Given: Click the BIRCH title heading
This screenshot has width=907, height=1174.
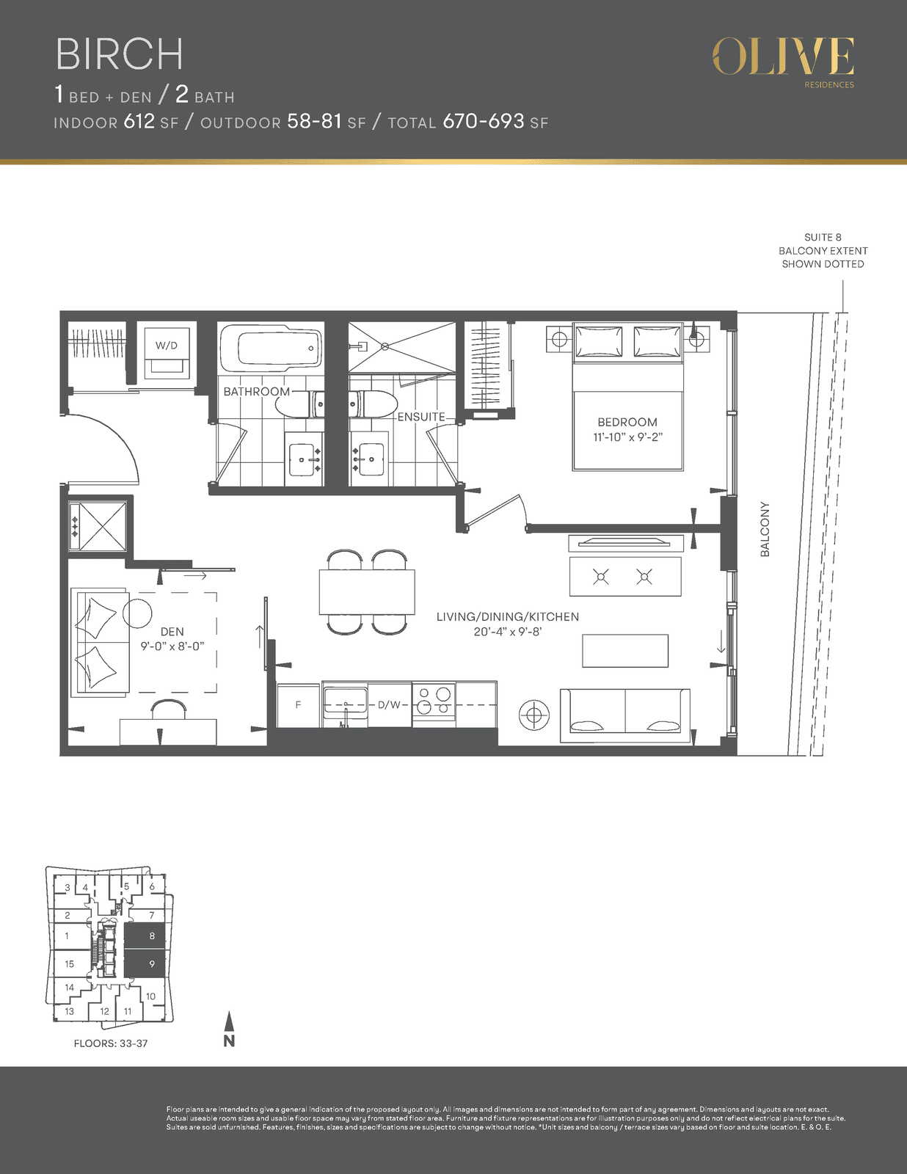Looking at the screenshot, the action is click(120, 54).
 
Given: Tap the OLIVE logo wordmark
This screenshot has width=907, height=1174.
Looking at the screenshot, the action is click(783, 56).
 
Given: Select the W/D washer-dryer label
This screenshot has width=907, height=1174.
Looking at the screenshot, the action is click(167, 346).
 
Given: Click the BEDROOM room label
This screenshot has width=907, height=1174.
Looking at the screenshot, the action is click(627, 422).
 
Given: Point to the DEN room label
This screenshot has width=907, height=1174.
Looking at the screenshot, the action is click(172, 632).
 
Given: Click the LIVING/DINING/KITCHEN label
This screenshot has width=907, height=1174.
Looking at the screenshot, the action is click(508, 616).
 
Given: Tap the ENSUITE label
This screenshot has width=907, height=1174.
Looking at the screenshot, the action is click(421, 417).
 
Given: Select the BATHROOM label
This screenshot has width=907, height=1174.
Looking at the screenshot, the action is click(257, 391).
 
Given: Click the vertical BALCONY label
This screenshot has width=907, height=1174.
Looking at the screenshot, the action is click(765, 530).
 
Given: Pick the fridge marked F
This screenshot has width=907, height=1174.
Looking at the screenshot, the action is click(298, 705).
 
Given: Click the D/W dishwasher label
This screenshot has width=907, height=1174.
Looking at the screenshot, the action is click(389, 705).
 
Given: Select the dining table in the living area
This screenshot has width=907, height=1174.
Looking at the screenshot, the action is click(367, 592).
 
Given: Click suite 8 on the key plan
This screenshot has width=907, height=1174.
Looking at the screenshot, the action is click(145, 936).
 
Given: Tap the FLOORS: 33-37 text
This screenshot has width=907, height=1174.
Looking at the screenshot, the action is click(111, 1043).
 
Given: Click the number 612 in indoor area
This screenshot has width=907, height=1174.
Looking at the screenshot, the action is click(139, 122).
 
